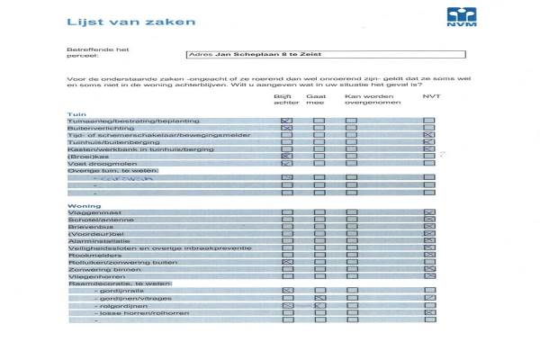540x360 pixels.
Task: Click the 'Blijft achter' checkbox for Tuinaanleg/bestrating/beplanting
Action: (x=286, y=121)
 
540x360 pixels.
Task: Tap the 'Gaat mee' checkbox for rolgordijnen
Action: (x=319, y=306)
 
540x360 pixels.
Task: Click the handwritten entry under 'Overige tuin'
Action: (x=127, y=179)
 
